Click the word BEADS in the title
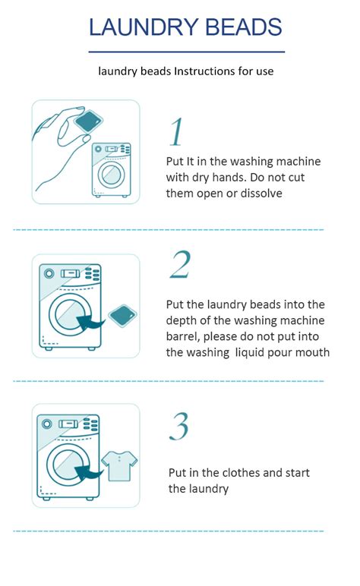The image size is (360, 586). point(242,27)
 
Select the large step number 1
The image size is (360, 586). point(176,132)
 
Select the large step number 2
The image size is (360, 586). point(180,264)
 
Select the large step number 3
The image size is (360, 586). point(178,427)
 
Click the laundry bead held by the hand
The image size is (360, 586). point(90,119)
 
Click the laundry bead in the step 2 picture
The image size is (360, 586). point(122,316)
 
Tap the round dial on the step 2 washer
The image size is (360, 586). point(49,273)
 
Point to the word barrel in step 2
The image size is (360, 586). point(183,337)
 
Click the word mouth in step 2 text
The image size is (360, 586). point(313,352)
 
